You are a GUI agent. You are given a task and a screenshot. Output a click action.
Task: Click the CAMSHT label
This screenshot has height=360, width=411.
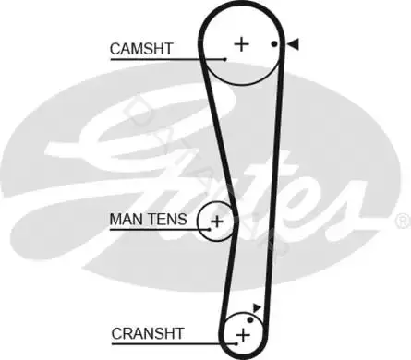(141, 49)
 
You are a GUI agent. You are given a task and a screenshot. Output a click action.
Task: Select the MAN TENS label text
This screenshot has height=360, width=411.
(148, 219)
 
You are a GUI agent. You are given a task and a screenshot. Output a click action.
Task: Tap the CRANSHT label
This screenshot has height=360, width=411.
(148, 333)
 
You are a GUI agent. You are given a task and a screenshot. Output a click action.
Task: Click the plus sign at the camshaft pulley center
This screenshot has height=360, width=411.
(242, 44)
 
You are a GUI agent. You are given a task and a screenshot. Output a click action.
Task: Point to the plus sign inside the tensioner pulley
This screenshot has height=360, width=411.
(217, 222)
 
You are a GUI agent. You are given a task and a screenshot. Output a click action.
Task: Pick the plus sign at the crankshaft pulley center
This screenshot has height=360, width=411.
(243, 335)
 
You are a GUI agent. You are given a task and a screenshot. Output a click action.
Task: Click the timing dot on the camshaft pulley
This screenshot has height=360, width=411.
(274, 44)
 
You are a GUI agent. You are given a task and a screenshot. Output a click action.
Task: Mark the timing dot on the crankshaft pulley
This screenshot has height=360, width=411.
(250, 320)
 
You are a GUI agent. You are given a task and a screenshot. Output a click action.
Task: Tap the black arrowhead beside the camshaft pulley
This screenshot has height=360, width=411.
(293, 44)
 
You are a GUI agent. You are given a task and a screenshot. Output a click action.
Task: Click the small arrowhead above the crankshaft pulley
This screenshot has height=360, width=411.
(257, 307)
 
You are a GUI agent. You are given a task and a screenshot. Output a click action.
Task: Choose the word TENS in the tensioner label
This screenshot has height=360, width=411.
(167, 219)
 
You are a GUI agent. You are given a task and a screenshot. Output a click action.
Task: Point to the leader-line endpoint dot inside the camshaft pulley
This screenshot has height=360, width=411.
(225, 59)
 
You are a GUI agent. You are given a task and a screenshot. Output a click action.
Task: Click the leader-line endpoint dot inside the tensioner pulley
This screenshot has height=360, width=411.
(210, 229)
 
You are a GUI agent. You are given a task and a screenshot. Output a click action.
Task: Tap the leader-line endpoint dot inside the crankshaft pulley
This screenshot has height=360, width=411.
(236, 343)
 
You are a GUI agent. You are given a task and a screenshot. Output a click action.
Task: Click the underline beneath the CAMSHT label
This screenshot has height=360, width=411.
(168, 59)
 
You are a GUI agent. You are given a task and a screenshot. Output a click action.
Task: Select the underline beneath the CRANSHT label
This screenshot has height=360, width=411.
(174, 343)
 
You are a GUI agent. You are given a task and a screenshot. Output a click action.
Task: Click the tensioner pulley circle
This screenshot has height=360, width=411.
(198, 222)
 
